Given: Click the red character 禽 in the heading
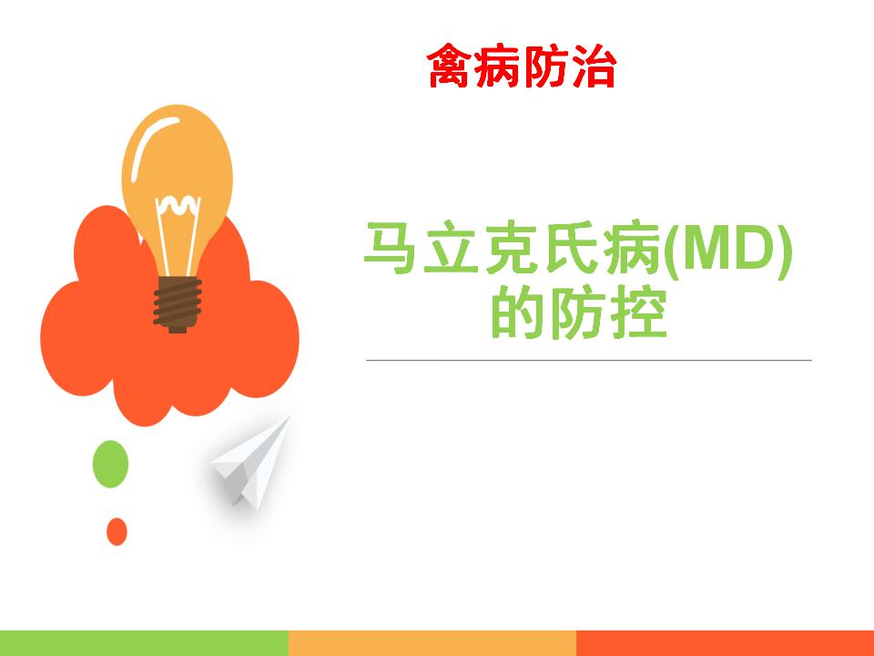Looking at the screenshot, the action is pos(451,67).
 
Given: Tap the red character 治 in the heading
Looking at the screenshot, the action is pos(595,67).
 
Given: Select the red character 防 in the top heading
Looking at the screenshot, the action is pos(546,67).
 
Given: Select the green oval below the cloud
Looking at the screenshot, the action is pos(110,464).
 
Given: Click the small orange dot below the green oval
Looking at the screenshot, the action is pos(117,531).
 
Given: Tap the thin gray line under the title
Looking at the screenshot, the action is pos(589,361).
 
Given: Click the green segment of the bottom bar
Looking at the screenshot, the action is pos(145,643).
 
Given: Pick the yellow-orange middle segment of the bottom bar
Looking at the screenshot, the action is pos(432,643).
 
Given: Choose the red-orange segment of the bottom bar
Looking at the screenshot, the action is pos(726,643).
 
